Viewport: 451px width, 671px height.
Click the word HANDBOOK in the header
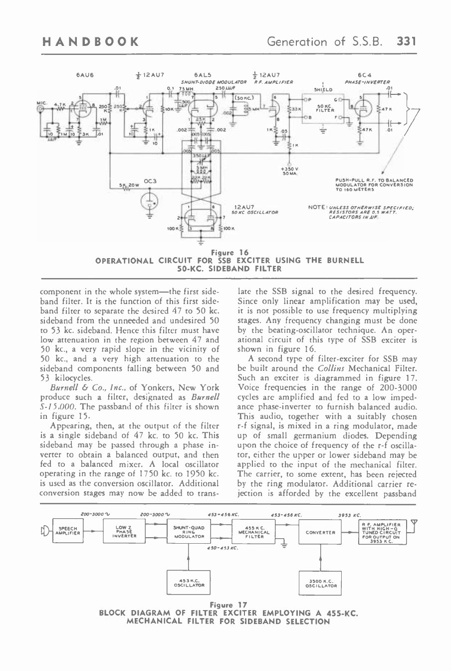[91, 41]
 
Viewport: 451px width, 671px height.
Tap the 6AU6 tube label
[83, 76]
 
